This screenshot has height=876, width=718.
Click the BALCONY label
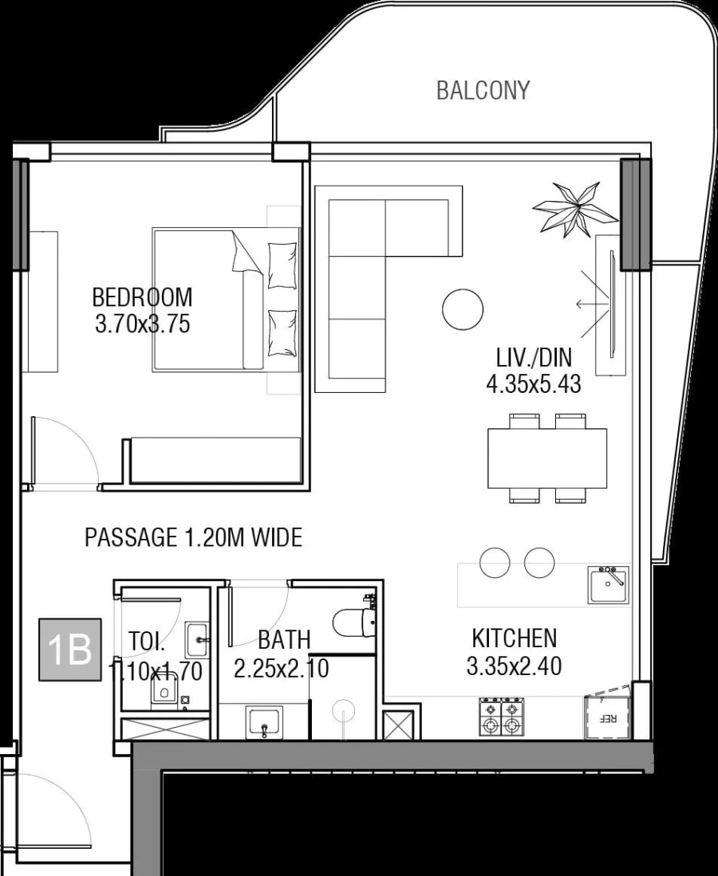pos(483,91)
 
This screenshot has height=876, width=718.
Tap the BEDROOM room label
pos(142,297)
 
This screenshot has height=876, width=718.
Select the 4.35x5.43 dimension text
pos(533,385)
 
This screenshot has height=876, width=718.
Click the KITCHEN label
pos(514,638)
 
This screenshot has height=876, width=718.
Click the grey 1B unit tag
pos(70,649)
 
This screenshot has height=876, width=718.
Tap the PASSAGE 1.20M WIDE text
pos(193,538)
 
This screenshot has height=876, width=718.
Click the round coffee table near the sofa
pos(463,309)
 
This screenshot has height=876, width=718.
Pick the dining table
pos(547,458)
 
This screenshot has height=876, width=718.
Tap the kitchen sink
pos(608,586)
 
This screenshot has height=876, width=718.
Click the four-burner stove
pos(501,717)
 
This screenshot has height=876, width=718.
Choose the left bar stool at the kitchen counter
pos(495,562)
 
